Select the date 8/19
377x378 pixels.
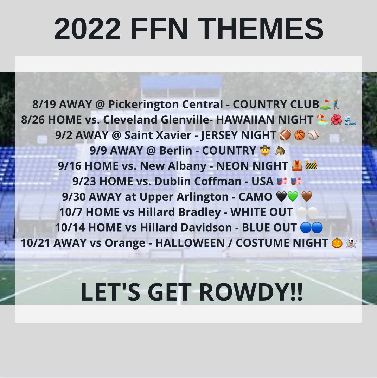44,105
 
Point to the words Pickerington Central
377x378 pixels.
166,105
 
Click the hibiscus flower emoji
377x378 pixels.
336,120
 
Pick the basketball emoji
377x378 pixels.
299,135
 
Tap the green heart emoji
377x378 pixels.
293,197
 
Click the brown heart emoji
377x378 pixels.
307,197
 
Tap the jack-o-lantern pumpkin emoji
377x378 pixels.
337,243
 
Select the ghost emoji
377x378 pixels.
351,243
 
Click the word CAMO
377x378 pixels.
255,197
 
